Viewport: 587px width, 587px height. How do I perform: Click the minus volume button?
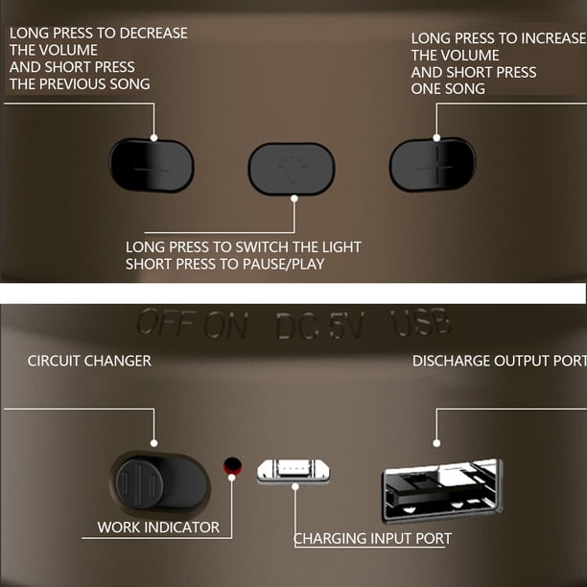[x=152, y=166]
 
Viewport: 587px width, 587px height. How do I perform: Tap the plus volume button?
[x=433, y=165]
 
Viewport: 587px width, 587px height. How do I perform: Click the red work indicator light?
[x=232, y=466]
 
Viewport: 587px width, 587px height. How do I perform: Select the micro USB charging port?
[x=293, y=471]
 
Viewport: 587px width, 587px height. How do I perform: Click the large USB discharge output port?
[x=442, y=490]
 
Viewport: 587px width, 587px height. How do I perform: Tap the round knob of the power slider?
[x=139, y=483]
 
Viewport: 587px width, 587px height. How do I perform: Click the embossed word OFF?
[x=167, y=322]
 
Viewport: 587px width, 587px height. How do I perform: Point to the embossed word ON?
[x=225, y=324]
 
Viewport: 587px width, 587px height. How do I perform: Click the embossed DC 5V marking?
[x=320, y=326]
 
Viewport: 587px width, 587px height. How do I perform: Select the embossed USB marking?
[x=420, y=322]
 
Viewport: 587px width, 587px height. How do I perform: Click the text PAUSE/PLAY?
[x=283, y=264]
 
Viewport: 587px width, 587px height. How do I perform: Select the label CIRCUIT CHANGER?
[x=89, y=361]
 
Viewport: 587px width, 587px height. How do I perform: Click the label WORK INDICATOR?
[x=158, y=528]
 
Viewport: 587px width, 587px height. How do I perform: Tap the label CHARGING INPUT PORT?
[x=372, y=538]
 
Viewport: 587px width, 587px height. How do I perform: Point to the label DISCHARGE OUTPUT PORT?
[x=500, y=361]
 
